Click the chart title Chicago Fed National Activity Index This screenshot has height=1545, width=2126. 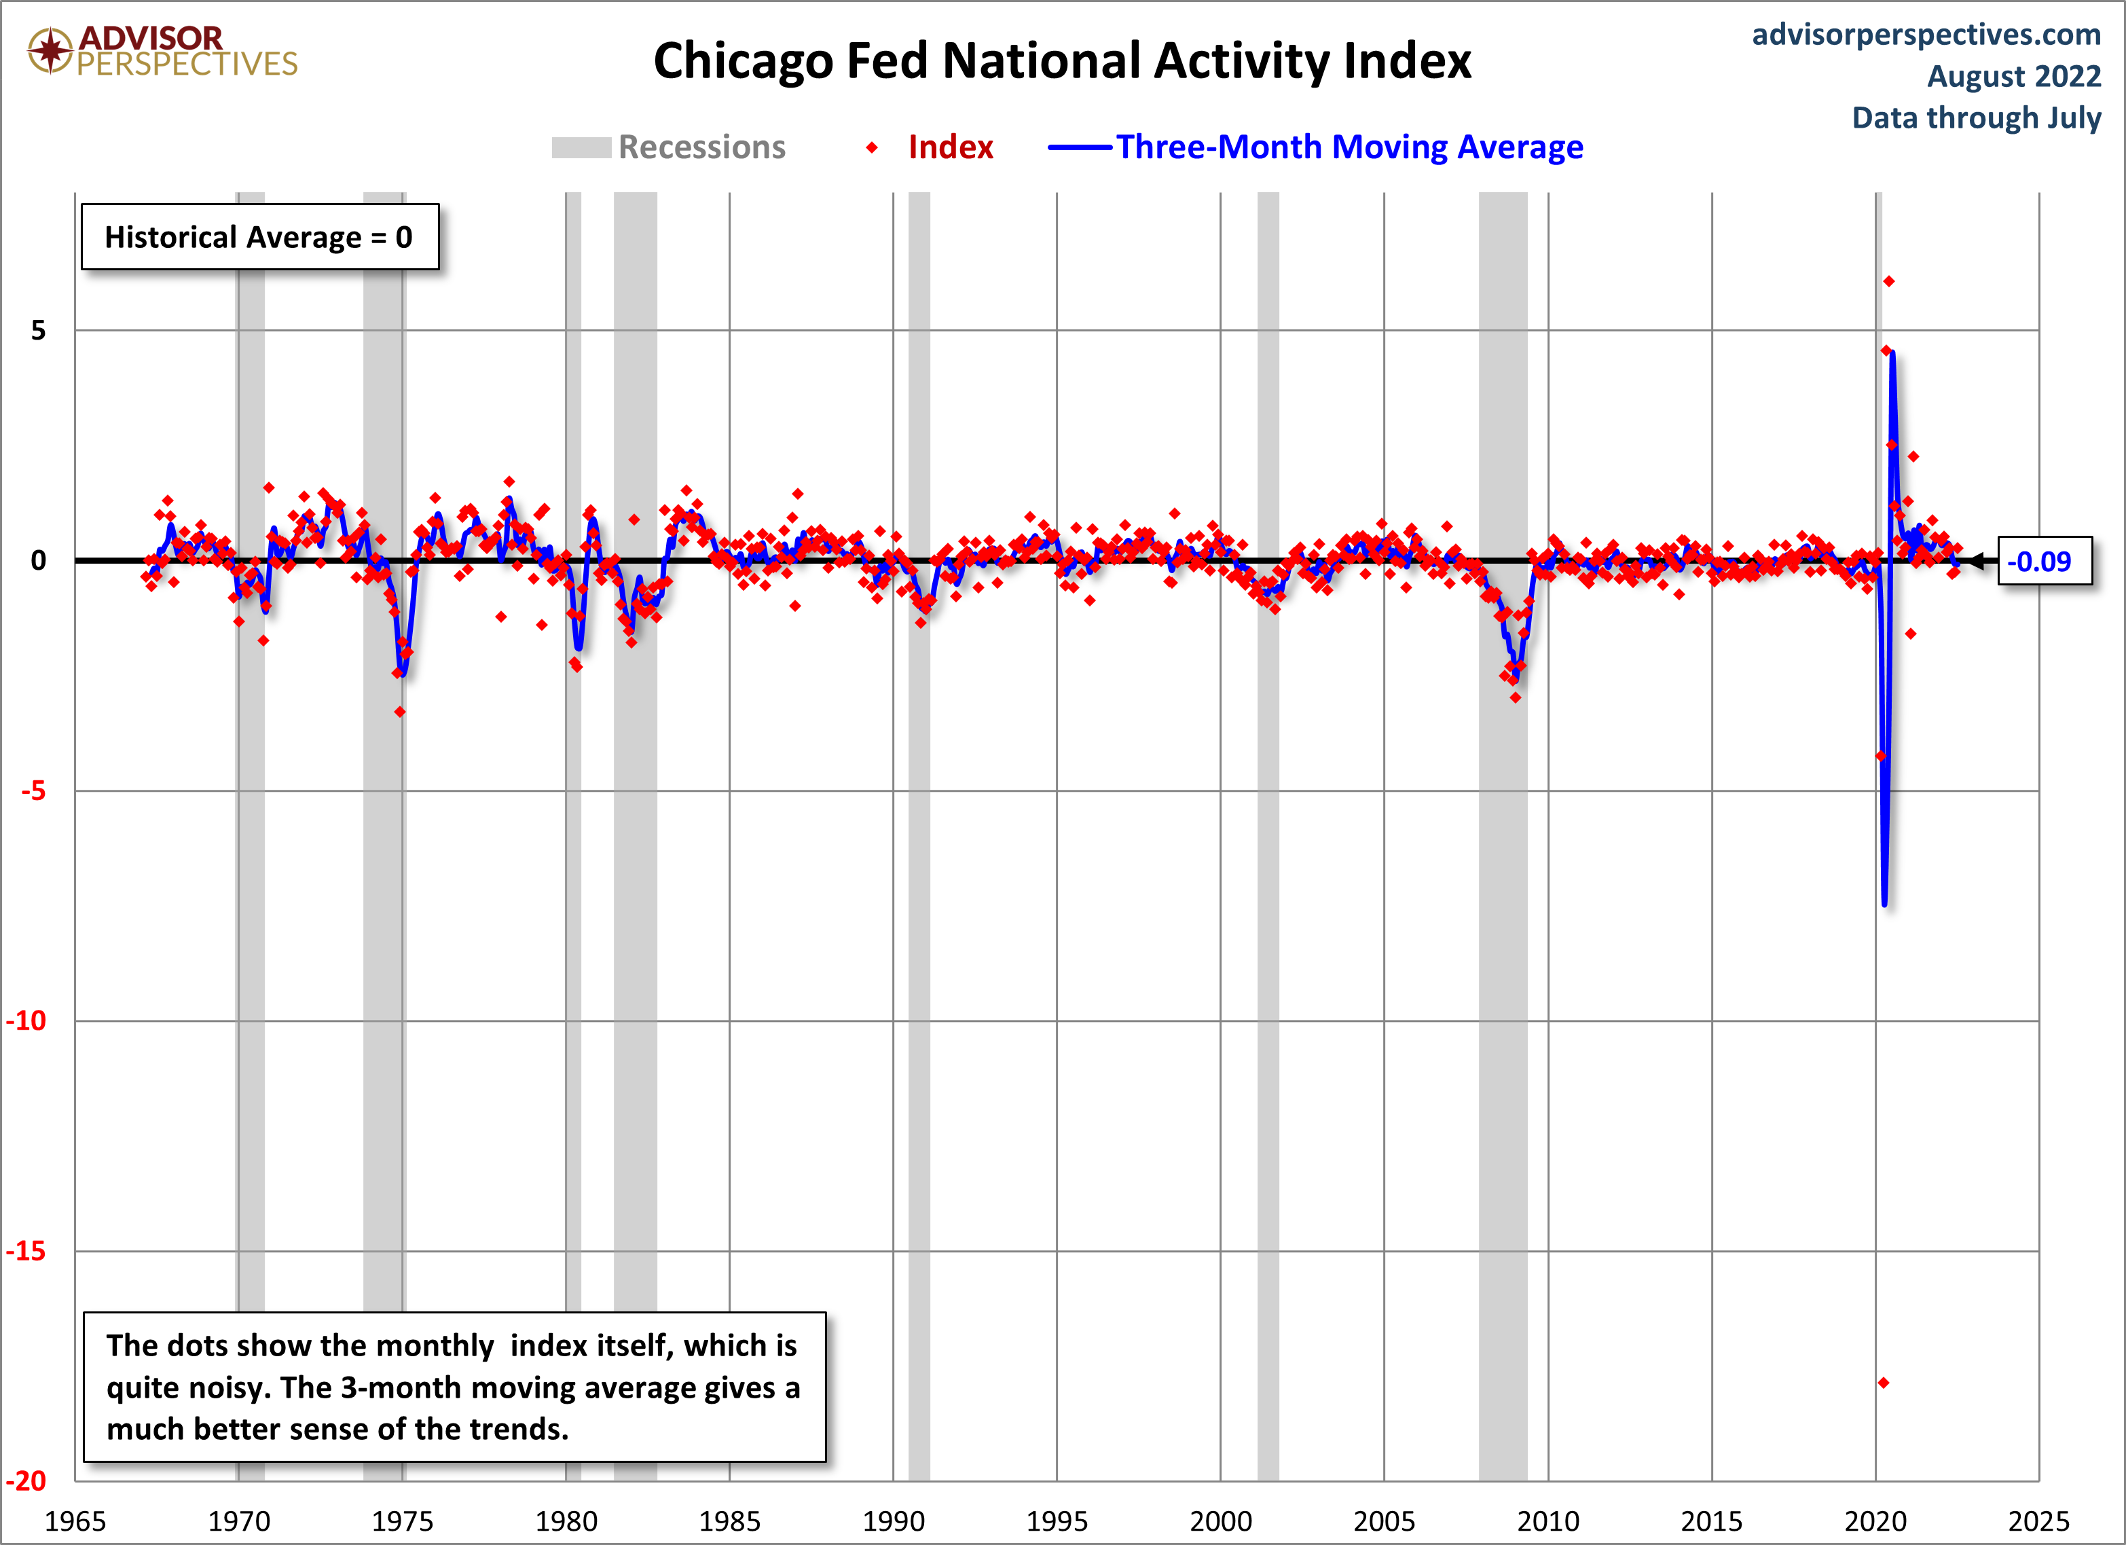pos(1061,61)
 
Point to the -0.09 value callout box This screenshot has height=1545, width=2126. pos(2044,562)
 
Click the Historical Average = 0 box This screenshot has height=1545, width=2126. pos(259,237)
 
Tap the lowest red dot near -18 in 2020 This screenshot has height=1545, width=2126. pos(1883,1383)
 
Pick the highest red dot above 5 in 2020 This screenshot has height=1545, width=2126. pos(1889,281)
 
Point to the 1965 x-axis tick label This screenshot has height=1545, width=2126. pos(75,1521)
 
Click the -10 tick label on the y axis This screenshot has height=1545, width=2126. pos(26,1021)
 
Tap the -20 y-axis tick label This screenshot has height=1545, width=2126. pos(26,1481)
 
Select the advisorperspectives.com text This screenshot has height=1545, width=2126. pos(1926,35)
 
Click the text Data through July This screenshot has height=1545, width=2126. pos(1976,118)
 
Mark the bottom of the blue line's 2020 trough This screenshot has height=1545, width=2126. pos(1884,904)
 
